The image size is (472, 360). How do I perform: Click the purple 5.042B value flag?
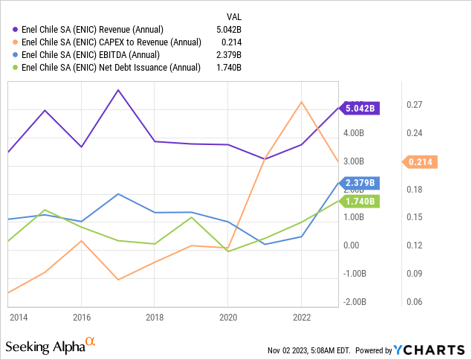(x=361, y=109)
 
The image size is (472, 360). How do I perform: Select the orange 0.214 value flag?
(x=421, y=161)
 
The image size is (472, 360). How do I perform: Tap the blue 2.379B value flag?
(x=361, y=183)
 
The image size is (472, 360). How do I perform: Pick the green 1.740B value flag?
(x=361, y=201)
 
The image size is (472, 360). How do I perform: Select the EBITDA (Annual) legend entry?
(x=97, y=55)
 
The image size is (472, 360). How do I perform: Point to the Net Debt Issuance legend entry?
(x=111, y=68)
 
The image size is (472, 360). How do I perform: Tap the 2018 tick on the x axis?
(x=155, y=317)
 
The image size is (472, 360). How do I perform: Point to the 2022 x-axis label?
(x=301, y=317)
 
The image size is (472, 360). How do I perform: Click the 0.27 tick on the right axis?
(x=414, y=105)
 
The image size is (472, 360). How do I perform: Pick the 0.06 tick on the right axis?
(x=414, y=301)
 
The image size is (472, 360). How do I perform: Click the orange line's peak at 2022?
(x=301, y=102)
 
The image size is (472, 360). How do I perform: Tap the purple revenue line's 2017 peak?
(x=118, y=90)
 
